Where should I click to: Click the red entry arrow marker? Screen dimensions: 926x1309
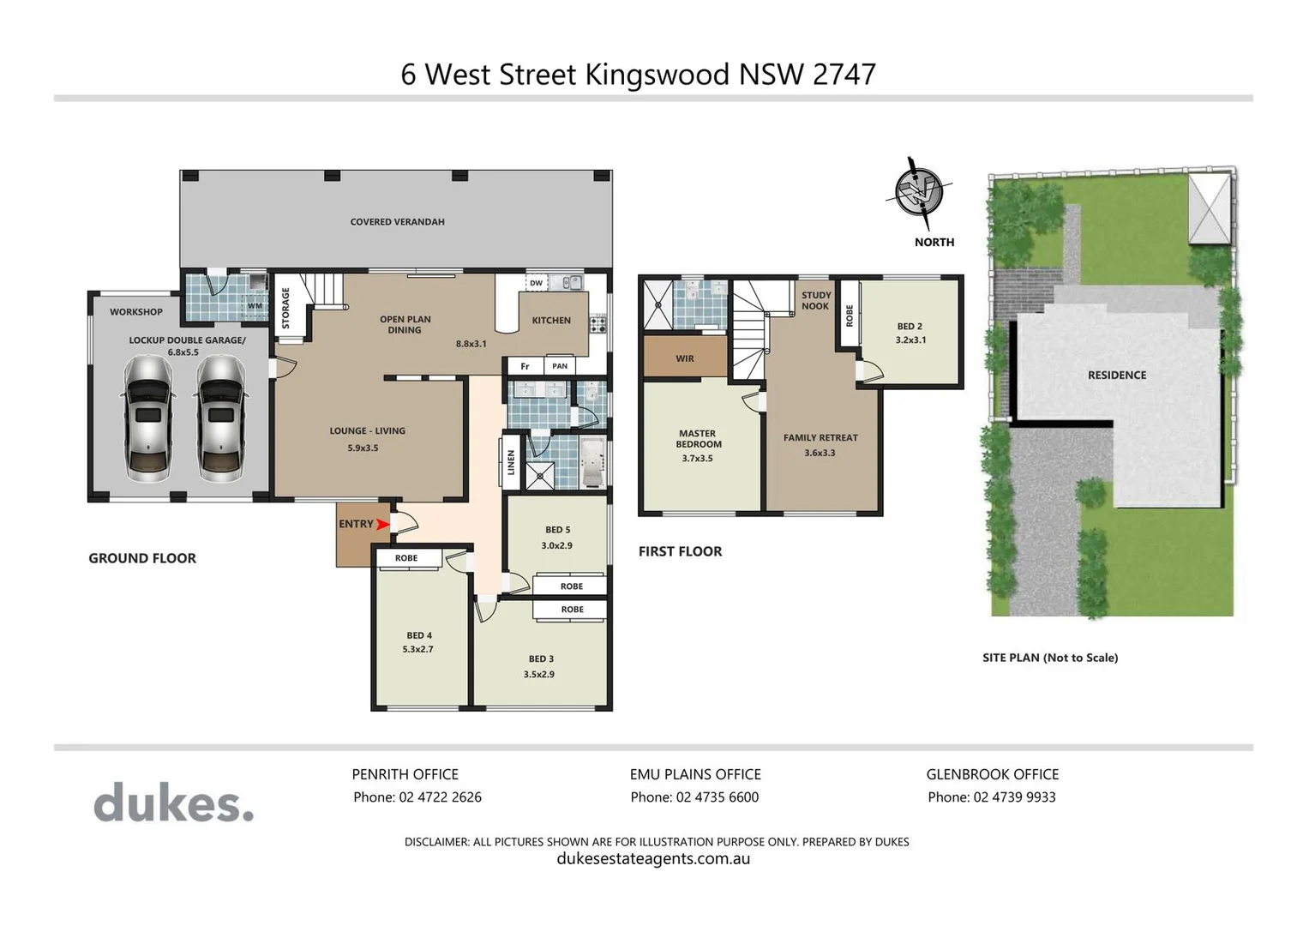coord(382,524)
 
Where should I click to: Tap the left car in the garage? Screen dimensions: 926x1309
coord(149,418)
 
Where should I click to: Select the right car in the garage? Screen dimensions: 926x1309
coord(221,418)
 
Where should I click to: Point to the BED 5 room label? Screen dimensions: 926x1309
coord(557,530)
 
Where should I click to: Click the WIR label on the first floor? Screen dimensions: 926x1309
coord(685,358)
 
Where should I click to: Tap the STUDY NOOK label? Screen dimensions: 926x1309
coord(815,301)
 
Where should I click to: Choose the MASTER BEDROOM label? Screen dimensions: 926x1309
coord(699,439)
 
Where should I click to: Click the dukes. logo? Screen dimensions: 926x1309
coord(173,803)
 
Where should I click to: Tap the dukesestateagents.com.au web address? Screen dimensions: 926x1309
coord(653,859)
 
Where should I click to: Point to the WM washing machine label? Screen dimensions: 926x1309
coord(255,305)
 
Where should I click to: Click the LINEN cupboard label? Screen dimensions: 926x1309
coord(512,463)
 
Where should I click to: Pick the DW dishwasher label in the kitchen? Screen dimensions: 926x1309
coord(536,283)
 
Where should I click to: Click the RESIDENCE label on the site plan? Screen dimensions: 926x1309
coord(1116,376)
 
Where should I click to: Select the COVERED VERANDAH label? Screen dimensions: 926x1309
coord(397,222)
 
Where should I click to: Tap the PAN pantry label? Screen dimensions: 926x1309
coord(560,366)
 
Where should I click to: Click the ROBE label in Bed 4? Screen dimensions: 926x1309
coord(406,558)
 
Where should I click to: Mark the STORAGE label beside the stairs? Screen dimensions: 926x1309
coord(285,309)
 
